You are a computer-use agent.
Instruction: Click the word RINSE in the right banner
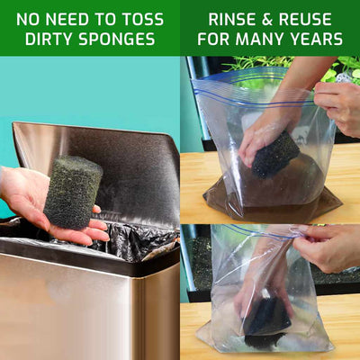point(231,20)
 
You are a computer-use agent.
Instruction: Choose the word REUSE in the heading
point(305,20)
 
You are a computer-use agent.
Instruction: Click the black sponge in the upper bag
point(275,155)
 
